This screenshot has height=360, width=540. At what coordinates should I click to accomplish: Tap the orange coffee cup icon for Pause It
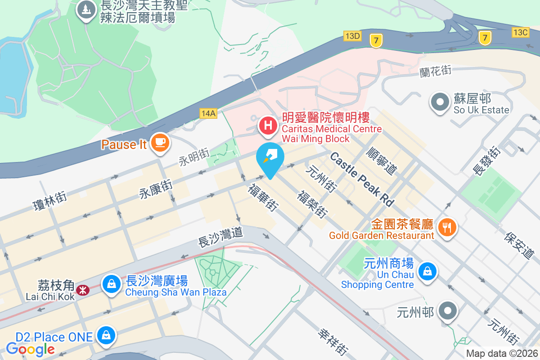tap(160, 143)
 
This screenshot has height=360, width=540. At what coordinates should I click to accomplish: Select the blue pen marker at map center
tap(270, 157)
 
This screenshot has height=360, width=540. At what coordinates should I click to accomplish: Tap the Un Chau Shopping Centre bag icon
tap(426, 271)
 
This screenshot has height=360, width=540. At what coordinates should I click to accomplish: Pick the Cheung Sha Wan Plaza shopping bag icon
tap(110, 284)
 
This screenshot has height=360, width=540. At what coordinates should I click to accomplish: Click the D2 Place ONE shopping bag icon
tap(106, 336)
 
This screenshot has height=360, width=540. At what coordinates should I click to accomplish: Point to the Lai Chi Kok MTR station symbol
tap(83, 290)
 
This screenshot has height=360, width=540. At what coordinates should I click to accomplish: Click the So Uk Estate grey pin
tap(439, 102)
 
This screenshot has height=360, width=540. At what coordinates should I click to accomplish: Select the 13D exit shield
tap(352, 36)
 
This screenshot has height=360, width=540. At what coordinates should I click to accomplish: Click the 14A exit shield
tap(208, 113)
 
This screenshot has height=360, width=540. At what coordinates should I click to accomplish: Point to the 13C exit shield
tap(520, 32)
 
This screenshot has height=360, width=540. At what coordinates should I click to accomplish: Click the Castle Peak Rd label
tap(362, 179)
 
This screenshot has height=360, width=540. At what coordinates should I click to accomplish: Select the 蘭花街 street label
tap(435, 71)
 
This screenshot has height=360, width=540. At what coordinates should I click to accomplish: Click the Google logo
tap(31, 349)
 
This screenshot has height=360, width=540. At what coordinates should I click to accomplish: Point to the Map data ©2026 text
tap(502, 354)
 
